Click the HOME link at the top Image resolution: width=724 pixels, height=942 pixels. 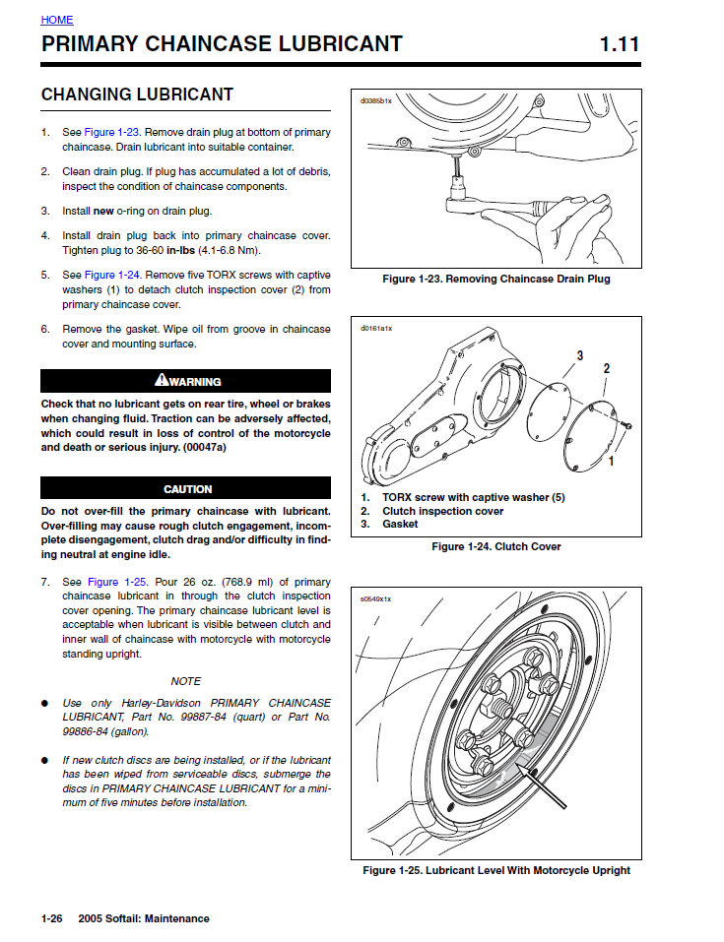[x=57, y=20]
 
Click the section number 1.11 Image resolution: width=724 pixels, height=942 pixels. [x=620, y=44]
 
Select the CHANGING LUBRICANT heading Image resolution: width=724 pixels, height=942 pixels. [x=137, y=94]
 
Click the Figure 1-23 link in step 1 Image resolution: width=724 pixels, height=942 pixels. [x=112, y=132]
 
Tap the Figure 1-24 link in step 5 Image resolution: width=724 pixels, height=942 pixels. [x=113, y=275]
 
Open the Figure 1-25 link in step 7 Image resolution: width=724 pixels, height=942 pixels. [x=118, y=582]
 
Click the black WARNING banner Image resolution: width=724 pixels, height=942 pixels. [x=186, y=381]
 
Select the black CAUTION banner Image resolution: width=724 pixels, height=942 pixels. [x=186, y=488]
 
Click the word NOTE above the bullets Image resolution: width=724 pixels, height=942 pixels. [x=186, y=681]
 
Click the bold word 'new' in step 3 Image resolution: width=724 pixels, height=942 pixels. [x=103, y=211]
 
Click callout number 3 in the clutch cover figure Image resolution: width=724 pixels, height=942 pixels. [x=580, y=355]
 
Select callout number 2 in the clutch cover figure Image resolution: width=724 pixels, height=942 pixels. [x=607, y=368]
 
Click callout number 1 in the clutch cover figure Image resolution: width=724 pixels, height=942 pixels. [x=612, y=462]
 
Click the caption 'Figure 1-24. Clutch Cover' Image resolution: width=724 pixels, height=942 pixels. [x=496, y=546]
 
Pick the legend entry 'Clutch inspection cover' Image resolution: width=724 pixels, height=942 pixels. [x=443, y=511]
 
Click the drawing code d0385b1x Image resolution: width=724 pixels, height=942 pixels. [x=376, y=101]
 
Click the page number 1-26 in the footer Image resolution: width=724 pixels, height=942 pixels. [x=51, y=918]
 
